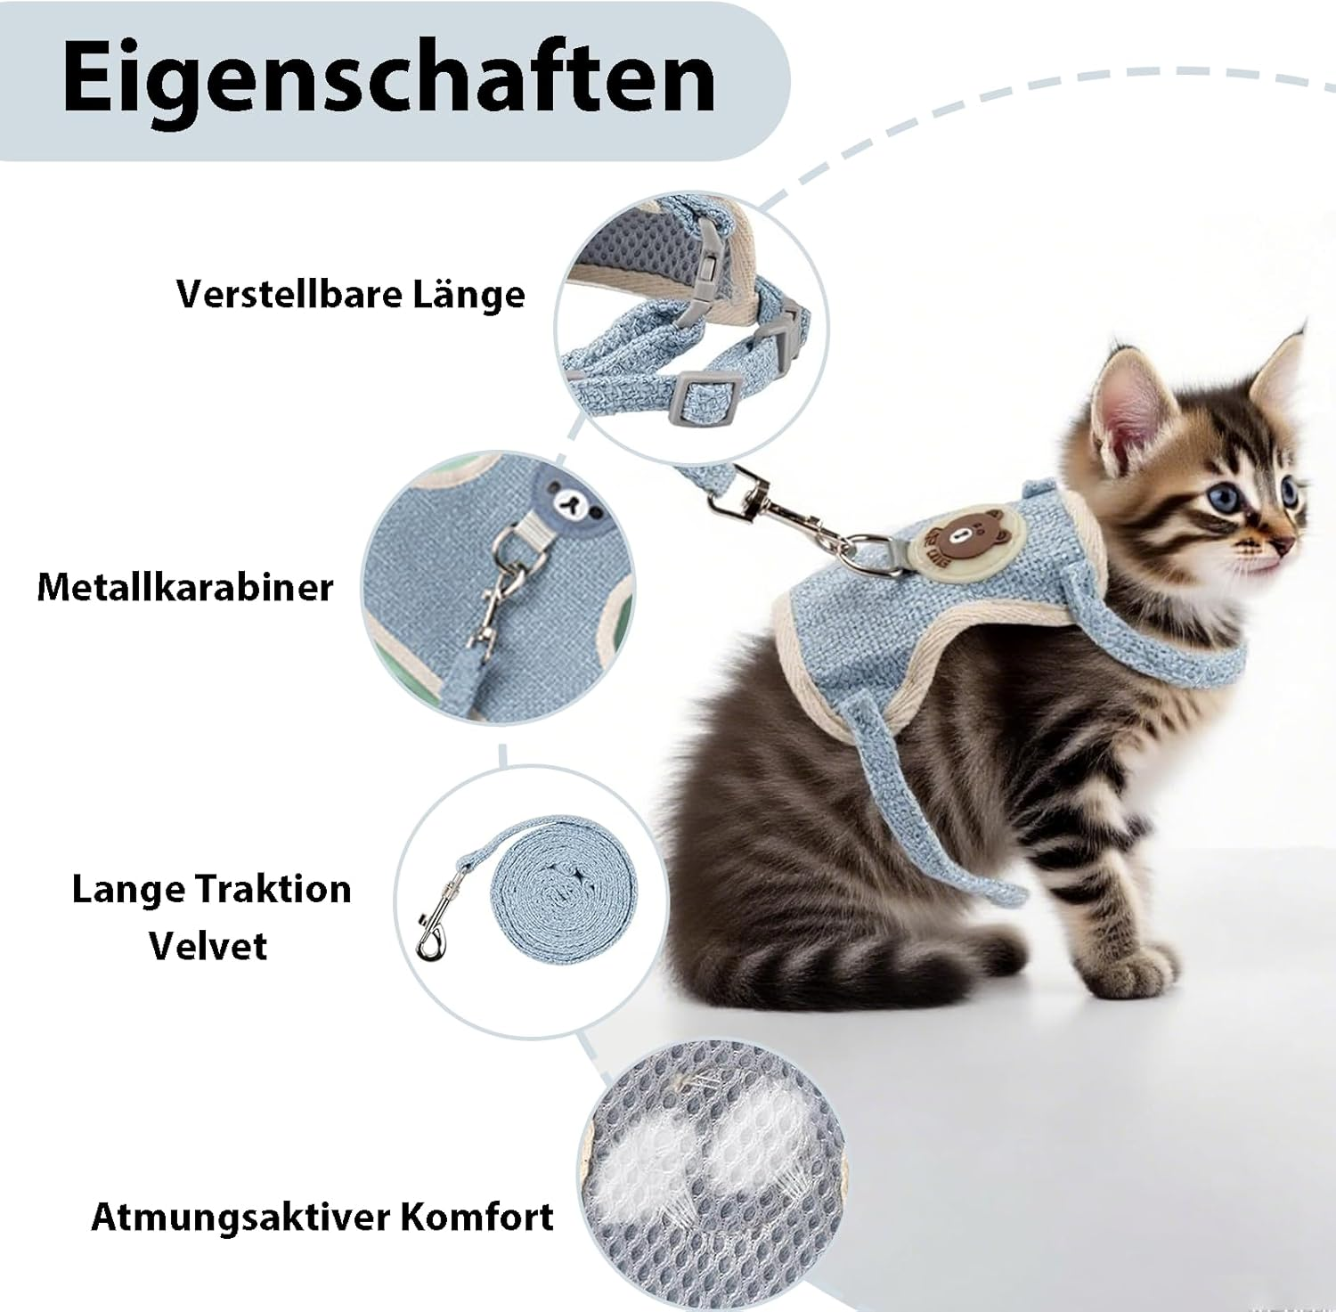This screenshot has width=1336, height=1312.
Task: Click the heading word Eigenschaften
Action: [388, 78]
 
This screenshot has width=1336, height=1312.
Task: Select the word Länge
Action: [468, 294]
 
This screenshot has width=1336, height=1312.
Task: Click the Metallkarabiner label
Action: [185, 587]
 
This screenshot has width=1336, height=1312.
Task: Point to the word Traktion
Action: [273, 889]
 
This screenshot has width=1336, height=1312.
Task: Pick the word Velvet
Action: [208, 946]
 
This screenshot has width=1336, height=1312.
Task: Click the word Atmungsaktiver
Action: [240, 1217]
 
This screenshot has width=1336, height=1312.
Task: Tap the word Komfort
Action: [477, 1217]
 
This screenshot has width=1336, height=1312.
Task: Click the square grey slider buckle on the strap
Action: [700, 396]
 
